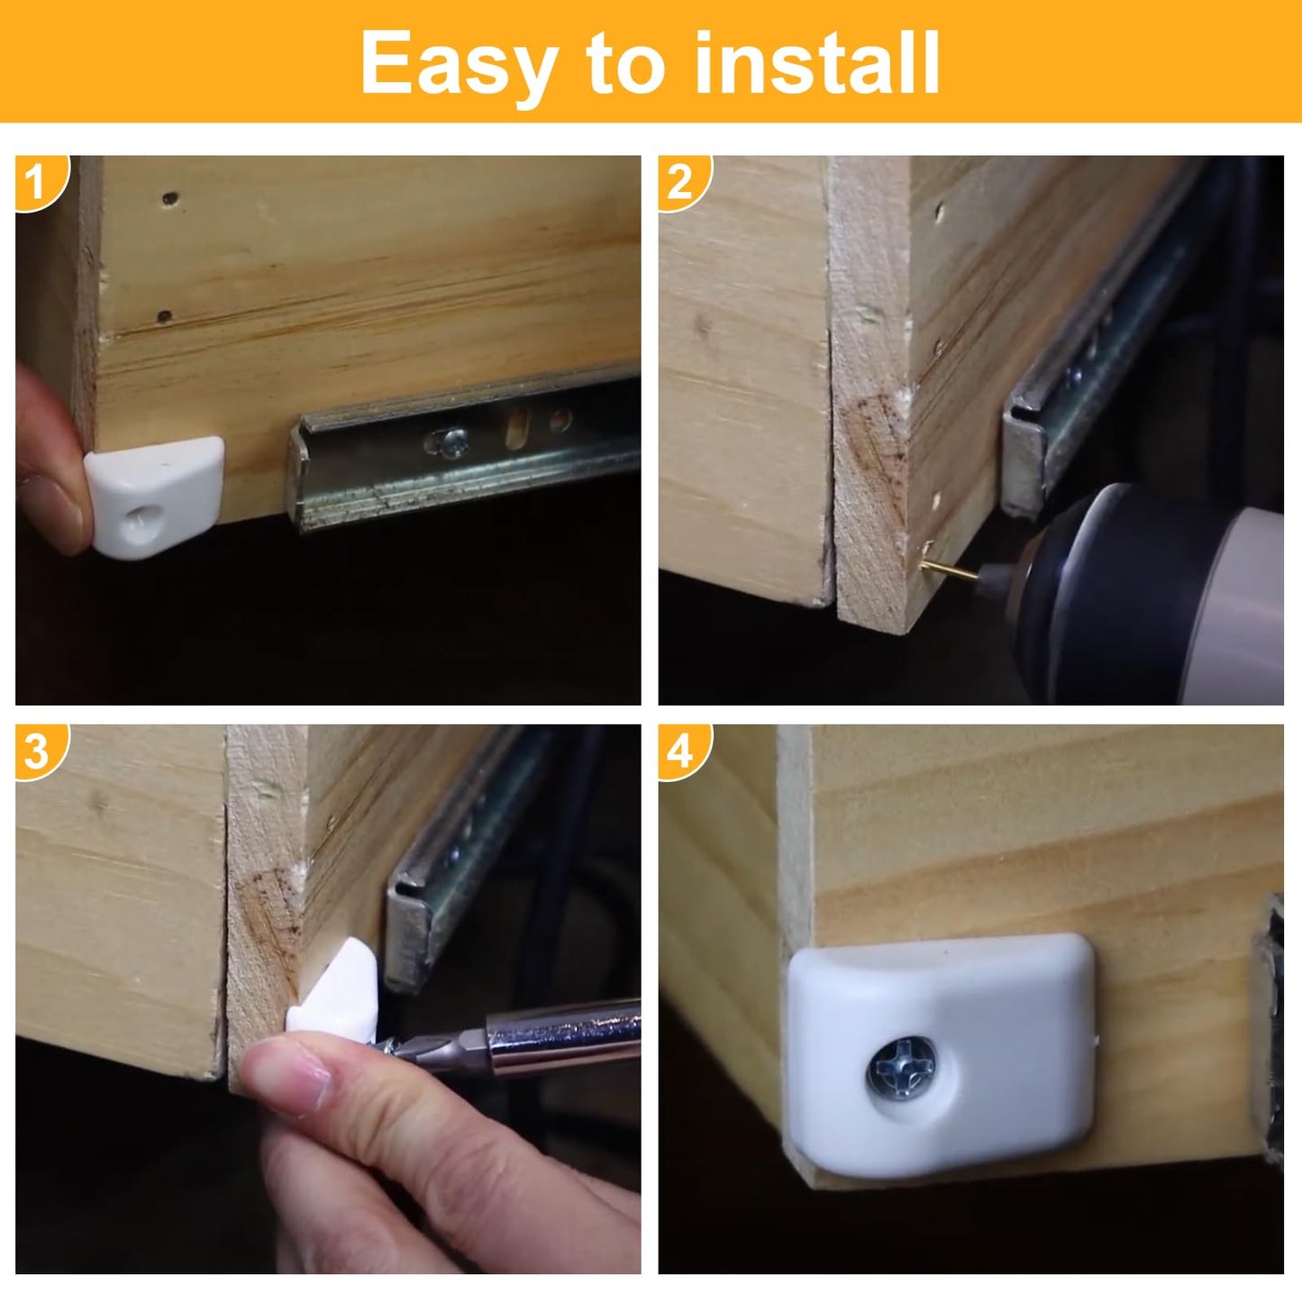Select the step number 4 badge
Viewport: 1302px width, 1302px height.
click(x=679, y=751)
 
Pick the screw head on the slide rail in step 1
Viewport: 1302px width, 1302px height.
click(x=451, y=441)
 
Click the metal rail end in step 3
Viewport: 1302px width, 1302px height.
click(x=410, y=937)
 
